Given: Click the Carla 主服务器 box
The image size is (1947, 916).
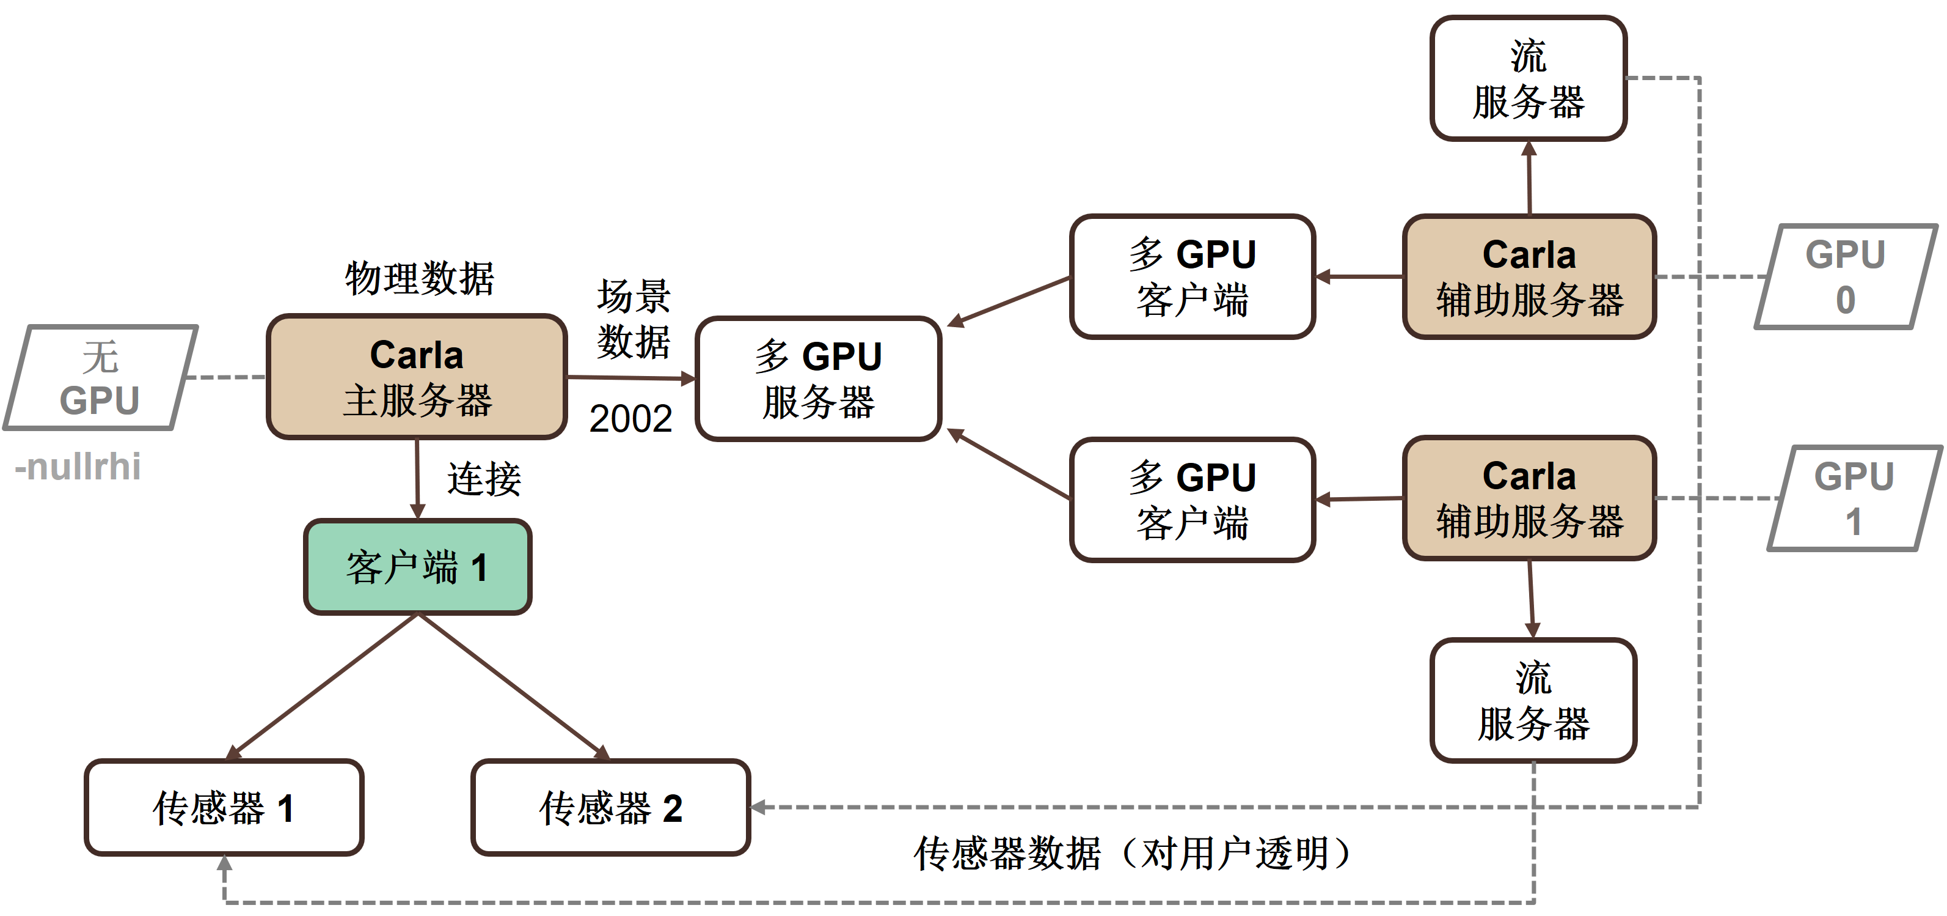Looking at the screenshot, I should click(417, 376).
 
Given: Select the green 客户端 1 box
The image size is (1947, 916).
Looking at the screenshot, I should click(417, 567).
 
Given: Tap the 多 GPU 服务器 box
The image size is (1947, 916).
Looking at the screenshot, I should click(818, 378).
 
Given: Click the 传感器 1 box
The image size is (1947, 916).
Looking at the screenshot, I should click(224, 807).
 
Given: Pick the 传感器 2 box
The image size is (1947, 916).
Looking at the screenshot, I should click(610, 807).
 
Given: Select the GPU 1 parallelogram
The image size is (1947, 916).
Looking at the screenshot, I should click(1854, 498).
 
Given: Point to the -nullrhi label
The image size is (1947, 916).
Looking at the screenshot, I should click(78, 467).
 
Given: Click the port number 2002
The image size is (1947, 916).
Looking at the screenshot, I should click(630, 418).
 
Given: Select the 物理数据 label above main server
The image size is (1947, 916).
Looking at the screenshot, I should click(420, 278).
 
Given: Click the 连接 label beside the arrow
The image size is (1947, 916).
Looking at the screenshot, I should click(484, 479).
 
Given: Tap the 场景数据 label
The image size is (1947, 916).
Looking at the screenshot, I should click(634, 319).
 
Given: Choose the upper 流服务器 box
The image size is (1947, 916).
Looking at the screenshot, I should click(1527, 79).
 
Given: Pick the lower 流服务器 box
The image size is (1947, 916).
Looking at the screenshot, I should click(1533, 700).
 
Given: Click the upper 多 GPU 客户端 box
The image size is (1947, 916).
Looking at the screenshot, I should click(1192, 277).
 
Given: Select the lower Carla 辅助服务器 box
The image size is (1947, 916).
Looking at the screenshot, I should click(1529, 498).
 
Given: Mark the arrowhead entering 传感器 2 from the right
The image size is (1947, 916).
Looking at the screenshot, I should click(758, 807).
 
